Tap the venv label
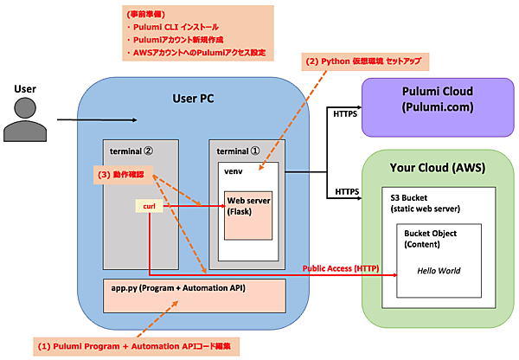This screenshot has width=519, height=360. point(231,173)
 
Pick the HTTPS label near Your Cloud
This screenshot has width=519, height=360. point(346,190)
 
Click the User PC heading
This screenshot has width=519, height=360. point(193,98)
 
